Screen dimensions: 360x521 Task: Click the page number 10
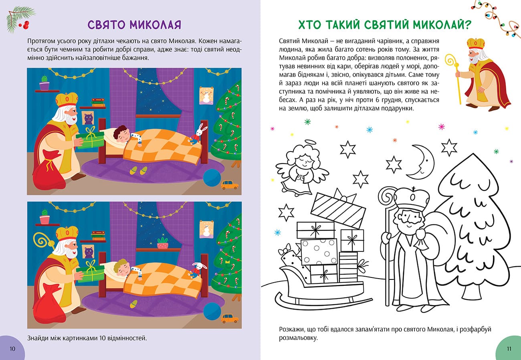point(12,348)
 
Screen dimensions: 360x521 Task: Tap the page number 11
point(509,348)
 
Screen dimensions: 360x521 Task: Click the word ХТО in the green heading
point(312,25)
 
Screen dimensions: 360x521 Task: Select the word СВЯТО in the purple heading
point(108,25)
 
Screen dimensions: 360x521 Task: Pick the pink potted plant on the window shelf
point(162,243)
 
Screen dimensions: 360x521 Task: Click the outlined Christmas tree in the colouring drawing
point(473,224)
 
